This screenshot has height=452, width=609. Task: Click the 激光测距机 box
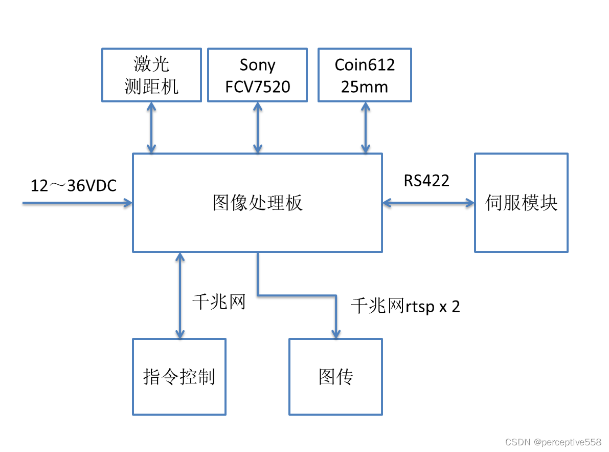(151, 75)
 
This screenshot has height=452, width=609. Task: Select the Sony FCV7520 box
(257, 75)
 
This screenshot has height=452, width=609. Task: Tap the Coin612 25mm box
(365, 75)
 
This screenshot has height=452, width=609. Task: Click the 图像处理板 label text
(257, 203)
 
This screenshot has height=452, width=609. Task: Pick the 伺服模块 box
(521, 203)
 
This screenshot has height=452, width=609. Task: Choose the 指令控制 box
(179, 377)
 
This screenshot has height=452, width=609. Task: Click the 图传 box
(335, 377)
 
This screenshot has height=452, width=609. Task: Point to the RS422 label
(426, 180)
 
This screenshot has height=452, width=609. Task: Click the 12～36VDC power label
(74, 185)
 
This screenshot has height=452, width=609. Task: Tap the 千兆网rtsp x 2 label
(405, 306)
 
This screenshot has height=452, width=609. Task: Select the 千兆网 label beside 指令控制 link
(219, 302)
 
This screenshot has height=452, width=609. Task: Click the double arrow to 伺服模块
(428, 203)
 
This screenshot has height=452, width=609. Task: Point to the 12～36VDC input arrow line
(77, 203)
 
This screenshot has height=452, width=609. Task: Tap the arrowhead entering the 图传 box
(335, 333)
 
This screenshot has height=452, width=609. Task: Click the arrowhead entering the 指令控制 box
(179, 333)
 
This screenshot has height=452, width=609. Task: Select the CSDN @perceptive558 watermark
(553, 442)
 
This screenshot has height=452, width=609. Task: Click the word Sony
(257, 65)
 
